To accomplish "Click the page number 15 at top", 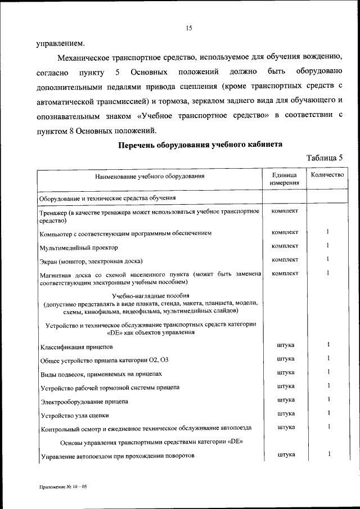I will (x=189, y=28).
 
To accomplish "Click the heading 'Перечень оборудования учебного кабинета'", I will (x=200, y=144).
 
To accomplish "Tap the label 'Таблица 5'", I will (x=324, y=157).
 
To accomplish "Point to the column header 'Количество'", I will (x=327, y=175).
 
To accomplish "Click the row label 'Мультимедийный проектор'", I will (x=78, y=247).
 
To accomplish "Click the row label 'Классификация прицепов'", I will (x=76, y=347).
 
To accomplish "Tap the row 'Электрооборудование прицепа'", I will (x=84, y=402).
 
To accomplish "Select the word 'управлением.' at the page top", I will (x=62, y=43).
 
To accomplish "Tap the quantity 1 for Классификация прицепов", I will (x=327, y=345).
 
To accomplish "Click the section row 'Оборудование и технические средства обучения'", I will (x=107, y=198).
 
